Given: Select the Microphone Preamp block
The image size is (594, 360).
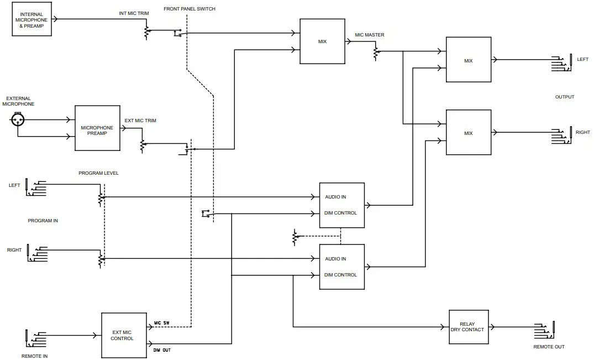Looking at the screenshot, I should tap(97, 128).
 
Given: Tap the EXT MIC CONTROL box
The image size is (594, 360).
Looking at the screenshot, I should tap(123, 335).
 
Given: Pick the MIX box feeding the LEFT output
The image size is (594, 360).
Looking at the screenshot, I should tap(469, 60).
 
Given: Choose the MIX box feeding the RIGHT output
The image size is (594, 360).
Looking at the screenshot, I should tap(469, 132).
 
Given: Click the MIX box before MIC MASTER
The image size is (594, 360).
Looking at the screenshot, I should tap(322, 41).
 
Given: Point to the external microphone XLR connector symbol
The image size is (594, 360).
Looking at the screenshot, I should tap(17, 119).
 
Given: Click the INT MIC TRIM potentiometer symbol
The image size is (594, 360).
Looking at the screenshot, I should tap(146, 32).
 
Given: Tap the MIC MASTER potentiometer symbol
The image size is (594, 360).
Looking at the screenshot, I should tap(376, 53).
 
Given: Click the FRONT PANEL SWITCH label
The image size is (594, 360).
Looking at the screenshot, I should tap(190, 9).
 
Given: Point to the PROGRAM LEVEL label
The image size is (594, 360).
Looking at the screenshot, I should tap(98, 173).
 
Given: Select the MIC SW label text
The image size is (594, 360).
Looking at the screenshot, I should tap(161, 322).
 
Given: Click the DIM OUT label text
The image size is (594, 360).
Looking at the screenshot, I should tap(161, 350).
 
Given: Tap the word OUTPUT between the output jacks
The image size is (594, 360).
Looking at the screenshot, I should tap(564, 97).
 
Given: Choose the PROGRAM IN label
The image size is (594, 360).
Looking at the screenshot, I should tap(43, 221).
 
